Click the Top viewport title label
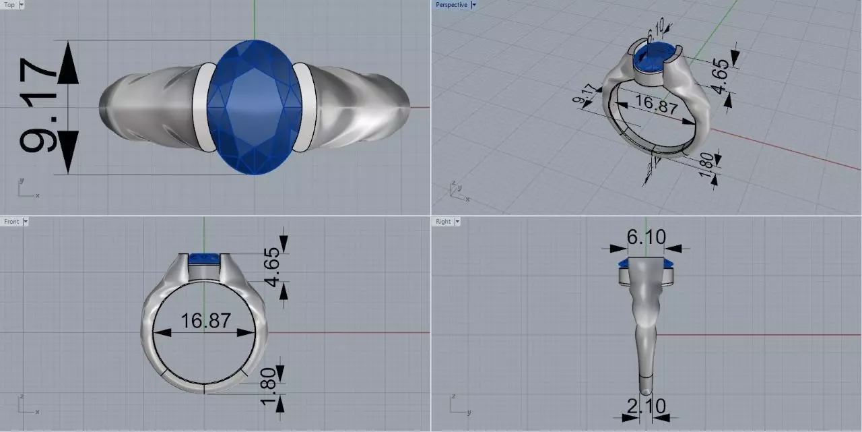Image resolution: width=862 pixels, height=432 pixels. [x=9, y=5]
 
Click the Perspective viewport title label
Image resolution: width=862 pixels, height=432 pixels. [x=451, y=5]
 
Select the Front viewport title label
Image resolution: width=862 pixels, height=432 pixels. [x=11, y=221]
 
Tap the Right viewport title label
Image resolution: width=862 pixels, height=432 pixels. [x=443, y=221]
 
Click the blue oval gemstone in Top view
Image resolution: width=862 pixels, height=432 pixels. [x=254, y=106]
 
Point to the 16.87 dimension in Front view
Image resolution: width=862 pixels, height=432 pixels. [x=205, y=320]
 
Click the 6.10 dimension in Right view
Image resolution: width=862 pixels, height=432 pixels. [x=646, y=237]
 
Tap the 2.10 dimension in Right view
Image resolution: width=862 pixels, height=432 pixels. [x=646, y=406]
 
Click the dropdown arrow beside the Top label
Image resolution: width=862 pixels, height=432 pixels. [x=22, y=5]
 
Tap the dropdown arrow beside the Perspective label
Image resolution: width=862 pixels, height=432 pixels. [x=473, y=5]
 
